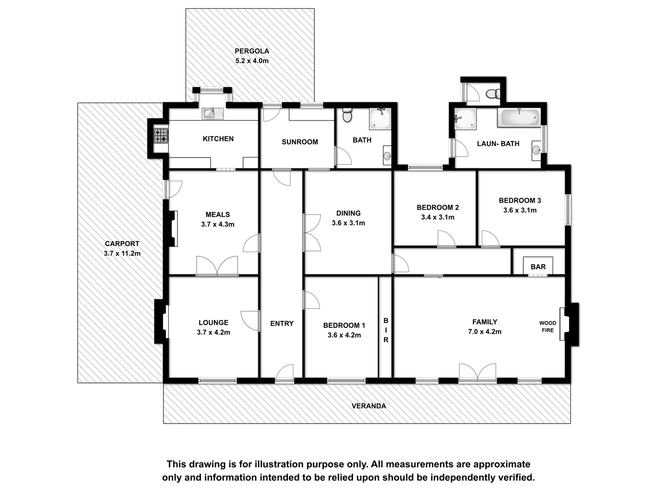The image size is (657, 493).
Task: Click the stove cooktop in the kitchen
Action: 161,136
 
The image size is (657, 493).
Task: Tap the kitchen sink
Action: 213,113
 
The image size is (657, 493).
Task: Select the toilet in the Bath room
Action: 347,115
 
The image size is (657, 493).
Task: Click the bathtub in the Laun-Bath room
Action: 520,118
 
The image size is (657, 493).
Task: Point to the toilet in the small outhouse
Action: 491,94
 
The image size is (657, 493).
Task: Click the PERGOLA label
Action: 252,51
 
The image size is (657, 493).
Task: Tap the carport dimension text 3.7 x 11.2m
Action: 122,253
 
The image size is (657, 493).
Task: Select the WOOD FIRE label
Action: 547,326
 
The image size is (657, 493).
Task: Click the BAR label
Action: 538,267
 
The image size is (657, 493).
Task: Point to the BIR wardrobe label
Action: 386,330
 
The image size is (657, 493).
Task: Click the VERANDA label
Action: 369,406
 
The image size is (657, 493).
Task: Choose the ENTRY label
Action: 282,323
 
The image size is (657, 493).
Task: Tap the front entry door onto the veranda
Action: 285,374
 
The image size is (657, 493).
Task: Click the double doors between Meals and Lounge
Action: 217,267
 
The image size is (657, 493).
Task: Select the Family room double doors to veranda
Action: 477,373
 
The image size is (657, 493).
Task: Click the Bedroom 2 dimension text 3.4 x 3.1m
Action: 438,217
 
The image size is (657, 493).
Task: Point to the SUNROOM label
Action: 300,142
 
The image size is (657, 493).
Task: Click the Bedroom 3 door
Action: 490,239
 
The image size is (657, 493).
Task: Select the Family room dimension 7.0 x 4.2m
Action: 485,332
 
